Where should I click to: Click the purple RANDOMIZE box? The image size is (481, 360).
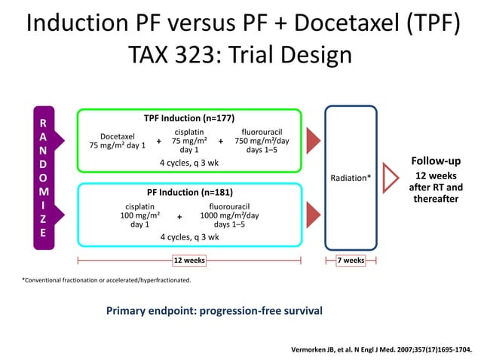pyautogui.click(x=42, y=178)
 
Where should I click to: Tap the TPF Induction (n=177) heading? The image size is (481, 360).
pyautogui.click(x=188, y=118)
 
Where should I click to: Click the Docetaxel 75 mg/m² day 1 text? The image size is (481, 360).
pyautogui.click(x=118, y=141)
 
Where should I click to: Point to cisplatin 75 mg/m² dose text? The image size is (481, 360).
pyautogui.click(x=189, y=140)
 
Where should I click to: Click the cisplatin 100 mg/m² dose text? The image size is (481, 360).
pyautogui.click(x=139, y=215)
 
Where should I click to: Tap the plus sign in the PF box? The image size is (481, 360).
pyautogui.click(x=179, y=218)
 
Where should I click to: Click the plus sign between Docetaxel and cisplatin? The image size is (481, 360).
pyautogui.click(x=158, y=141)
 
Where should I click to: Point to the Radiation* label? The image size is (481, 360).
pyautogui.click(x=351, y=178)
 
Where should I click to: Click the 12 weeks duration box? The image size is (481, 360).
pyautogui.click(x=189, y=261)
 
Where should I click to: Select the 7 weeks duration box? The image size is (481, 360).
pyautogui.click(x=351, y=261)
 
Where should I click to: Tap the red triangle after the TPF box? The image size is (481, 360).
pyautogui.click(x=314, y=141)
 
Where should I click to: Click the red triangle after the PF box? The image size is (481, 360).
pyautogui.click(x=314, y=215)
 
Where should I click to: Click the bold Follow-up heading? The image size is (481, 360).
pyautogui.click(x=435, y=161)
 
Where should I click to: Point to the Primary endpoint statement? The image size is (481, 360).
pyautogui.click(x=213, y=310)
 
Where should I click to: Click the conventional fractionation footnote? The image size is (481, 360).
pyautogui.click(x=106, y=280)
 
